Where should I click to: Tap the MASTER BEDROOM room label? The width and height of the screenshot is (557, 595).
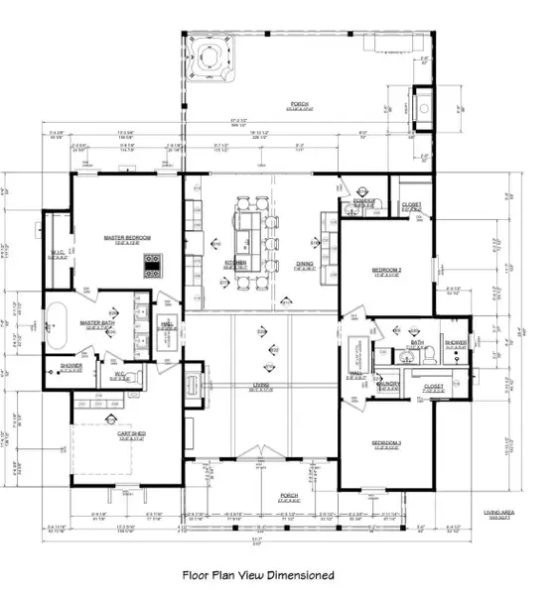127,238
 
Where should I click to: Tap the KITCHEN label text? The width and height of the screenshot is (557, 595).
235,264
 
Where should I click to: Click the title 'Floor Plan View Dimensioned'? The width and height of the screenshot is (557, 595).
258,574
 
